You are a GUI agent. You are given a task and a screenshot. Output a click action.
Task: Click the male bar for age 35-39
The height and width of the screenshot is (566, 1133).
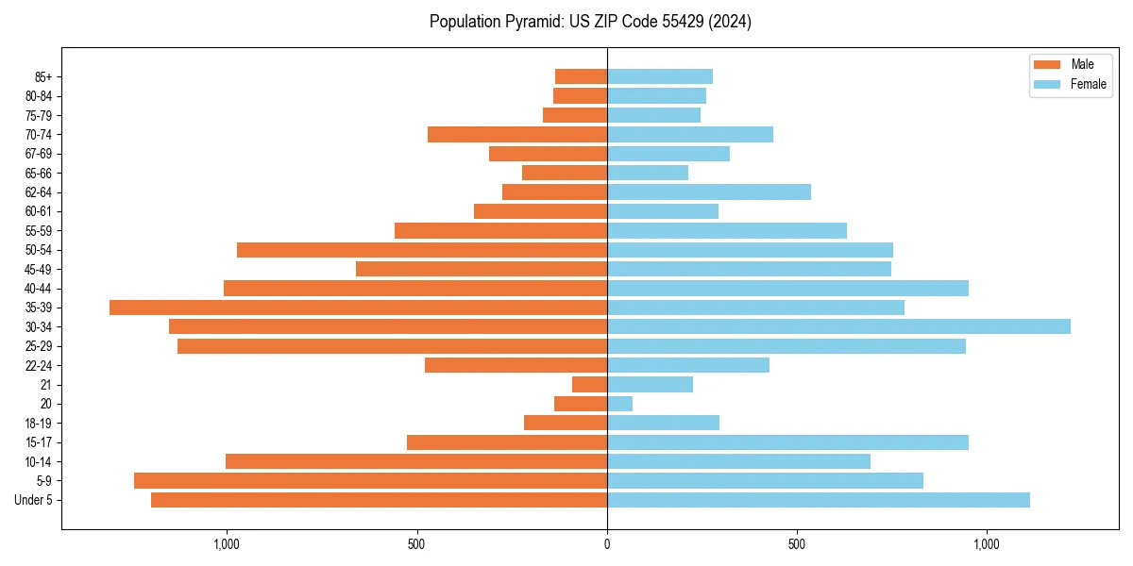click(x=359, y=308)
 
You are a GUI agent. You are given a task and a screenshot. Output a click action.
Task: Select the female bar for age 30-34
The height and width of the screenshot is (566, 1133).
click(x=838, y=326)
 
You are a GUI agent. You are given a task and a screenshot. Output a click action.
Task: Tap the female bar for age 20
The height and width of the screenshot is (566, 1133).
click(x=619, y=404)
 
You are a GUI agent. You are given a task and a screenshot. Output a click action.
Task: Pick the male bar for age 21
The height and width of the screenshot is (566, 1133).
click(x=589, y=385)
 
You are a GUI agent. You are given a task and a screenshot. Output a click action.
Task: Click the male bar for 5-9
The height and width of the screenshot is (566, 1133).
click(x=370, y=481)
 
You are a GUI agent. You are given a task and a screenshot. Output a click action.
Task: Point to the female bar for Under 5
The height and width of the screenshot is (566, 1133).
click(x=818, y=500)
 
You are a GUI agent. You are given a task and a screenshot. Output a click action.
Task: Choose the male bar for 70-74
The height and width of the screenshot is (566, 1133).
click(x=517, y=134)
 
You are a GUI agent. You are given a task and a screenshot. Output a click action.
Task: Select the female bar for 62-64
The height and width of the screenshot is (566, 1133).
click(x=708, y=192)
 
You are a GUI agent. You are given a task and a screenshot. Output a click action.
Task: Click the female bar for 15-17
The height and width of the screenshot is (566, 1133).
click(x=787, y=442)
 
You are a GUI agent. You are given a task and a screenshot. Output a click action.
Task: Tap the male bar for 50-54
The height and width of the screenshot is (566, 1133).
click(x=422, y=250)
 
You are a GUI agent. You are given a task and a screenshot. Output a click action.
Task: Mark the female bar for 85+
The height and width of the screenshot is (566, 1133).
click(x=659, y=76)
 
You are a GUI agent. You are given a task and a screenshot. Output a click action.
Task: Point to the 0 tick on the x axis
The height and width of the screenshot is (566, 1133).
click(x=607, y=544)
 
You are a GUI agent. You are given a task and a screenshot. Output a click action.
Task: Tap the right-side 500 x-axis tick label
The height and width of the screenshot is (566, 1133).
click(x=797, y=544)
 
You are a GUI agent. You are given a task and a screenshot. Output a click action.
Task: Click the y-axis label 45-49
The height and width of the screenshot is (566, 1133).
click(x=39, y=269)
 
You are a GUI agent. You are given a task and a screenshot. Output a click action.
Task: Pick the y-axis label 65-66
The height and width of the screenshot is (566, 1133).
click(x=39, y=173)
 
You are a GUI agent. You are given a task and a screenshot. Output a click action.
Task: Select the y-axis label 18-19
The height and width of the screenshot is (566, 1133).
click(x=39, y=424)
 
